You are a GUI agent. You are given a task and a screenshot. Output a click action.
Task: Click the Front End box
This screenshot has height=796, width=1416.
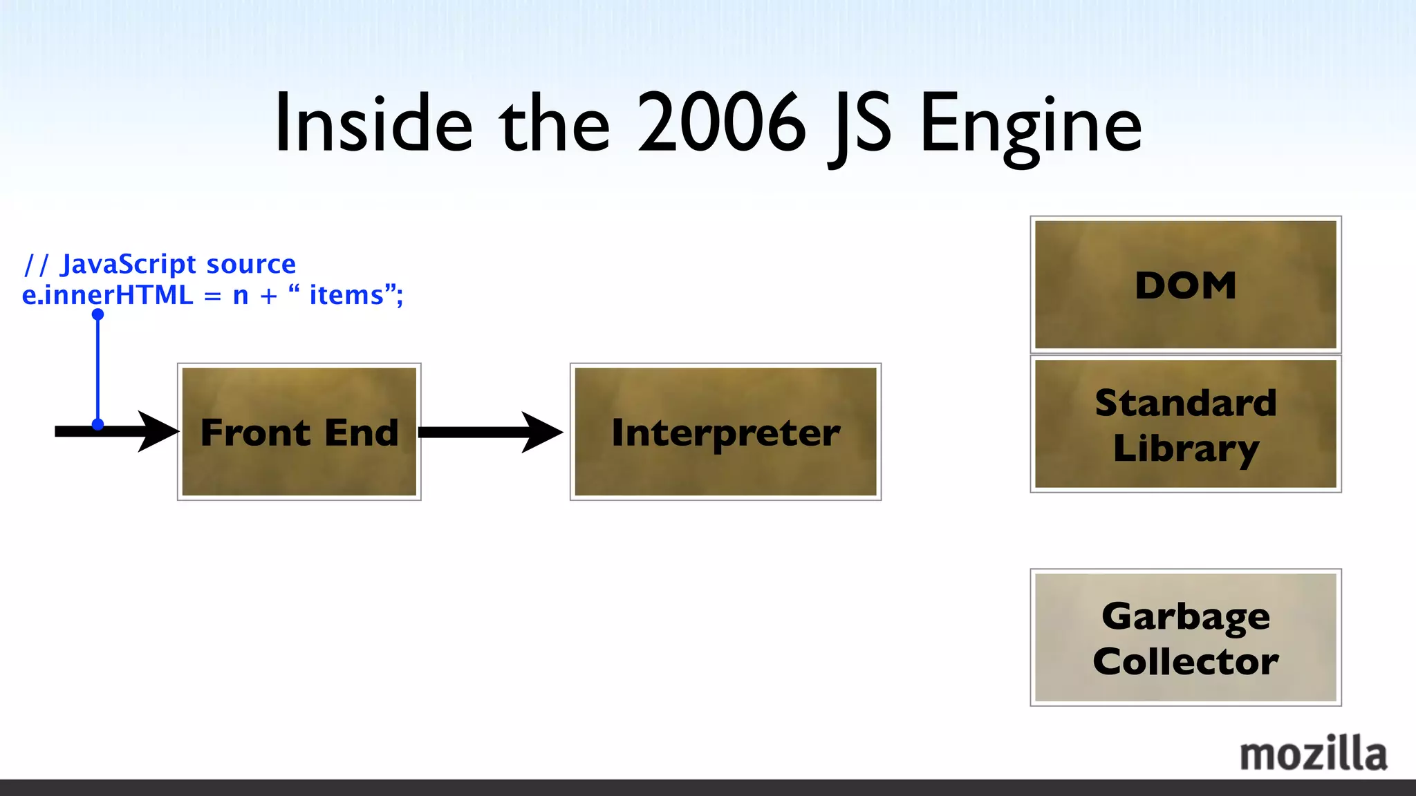coord(299,432)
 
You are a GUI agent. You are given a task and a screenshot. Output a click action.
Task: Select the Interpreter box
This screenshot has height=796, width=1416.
coord(725,432)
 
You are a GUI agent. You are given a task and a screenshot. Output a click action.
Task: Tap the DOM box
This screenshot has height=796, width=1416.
coord(1185,285)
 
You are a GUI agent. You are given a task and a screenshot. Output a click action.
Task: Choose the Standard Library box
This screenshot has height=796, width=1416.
coord(1185,424)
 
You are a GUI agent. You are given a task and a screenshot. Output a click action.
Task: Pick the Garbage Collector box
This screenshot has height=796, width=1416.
coord(1185,637)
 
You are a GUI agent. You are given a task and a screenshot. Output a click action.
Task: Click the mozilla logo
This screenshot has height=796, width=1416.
coord(1313,754)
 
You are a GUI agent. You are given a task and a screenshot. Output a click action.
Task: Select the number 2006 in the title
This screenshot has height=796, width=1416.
coord(721,124)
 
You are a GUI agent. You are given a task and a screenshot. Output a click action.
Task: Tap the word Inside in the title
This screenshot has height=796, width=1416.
coord(373,124)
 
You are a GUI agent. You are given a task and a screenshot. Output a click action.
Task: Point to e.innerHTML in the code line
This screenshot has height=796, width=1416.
coord(108,295)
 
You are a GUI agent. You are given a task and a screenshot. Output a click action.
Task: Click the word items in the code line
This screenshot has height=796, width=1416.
coord(346,295)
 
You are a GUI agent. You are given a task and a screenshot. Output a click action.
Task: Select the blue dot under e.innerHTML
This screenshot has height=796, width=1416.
coord(97,314)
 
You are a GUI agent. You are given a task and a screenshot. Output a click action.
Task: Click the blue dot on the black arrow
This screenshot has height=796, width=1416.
coord(97,424)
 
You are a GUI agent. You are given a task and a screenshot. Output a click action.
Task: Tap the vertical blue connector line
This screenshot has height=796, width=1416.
coord(97,370)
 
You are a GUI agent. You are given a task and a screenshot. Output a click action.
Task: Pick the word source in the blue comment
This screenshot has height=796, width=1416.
coord(251,264)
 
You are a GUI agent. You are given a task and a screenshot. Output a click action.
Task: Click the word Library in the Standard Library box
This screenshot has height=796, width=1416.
coord(1185,448)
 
